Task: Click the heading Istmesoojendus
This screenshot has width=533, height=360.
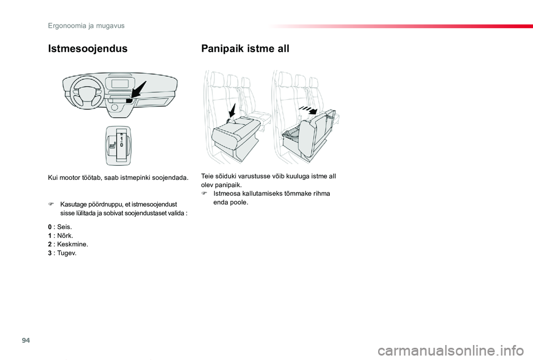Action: pyautogui.click(x=87, y=48)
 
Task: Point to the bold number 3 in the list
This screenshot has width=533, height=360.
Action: pyautogui.click(x=50, y=253)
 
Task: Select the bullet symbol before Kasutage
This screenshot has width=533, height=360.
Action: pyautogui.click(x=51, y=205)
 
